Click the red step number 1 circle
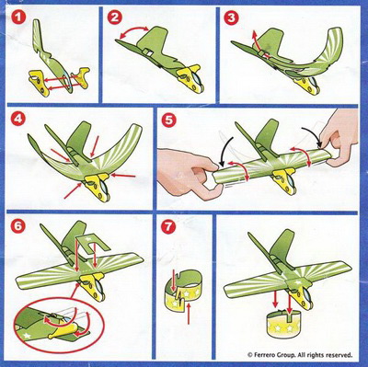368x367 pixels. click(x=18, y=17)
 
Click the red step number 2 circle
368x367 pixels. click(x=114, y=17)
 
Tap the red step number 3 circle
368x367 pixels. click(x=231, y=17)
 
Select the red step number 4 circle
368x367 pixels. click(x=17, y=119)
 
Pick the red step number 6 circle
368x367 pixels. click(x=17, y=226)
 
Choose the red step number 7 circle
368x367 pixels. click(x=168, y=227)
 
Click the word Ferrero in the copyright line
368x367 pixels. click(x=266, y=355)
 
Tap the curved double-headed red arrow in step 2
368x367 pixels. click(x=132, y=29)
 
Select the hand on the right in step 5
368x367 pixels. click(x=339, y=137)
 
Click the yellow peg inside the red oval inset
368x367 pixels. click(x=65, y=330)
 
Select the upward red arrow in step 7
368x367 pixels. click(x=189, y=314)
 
